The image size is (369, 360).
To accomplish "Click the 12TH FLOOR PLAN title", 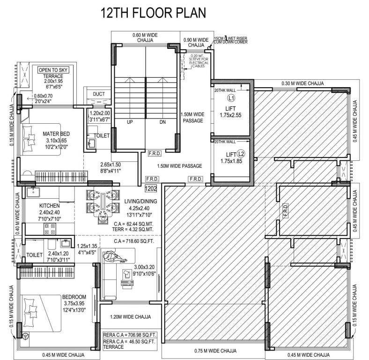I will click(x=154, y=12).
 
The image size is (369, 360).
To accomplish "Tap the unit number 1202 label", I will click(x=151, y=188).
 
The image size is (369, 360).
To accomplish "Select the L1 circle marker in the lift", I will click(x=230, y=98).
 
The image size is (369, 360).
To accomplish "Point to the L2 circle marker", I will click(x=241, y=153).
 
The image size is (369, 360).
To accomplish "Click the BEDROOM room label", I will click(x=74, y=297).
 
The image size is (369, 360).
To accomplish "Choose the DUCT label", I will click(x=99, y=94).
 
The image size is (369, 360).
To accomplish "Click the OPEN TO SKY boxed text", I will click(x=53, y=70).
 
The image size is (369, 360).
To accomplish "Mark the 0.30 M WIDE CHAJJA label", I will click(x=303, y=83).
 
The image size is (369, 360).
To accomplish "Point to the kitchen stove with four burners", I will click(x=50, y=228).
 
